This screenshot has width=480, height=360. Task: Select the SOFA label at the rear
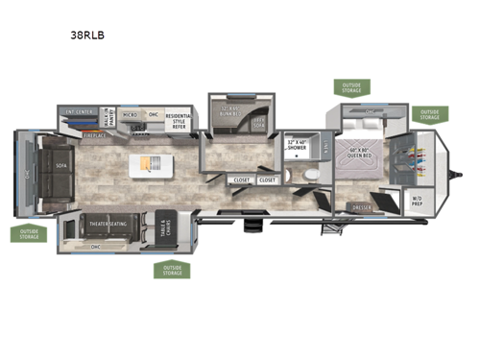pos(62,165)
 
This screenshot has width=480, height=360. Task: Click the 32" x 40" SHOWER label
pos(298,145)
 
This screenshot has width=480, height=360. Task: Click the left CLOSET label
pos(240,180)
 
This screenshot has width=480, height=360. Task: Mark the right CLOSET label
pos(267,180)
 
